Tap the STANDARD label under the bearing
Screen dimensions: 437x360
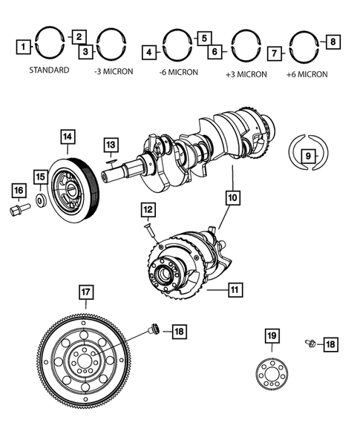50,70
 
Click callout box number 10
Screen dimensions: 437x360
232,198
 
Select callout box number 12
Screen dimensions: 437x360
148,211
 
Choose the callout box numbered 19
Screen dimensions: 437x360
272,338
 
